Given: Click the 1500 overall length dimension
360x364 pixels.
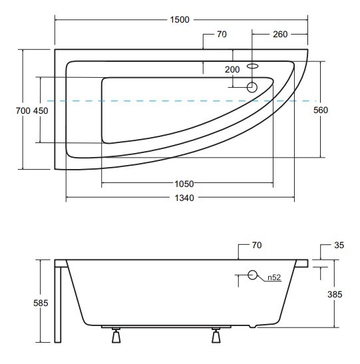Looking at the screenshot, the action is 180,19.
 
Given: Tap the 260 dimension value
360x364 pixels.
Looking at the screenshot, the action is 280,35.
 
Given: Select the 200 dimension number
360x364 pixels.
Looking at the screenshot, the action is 232,69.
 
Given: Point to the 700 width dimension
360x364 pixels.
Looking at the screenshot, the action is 23,110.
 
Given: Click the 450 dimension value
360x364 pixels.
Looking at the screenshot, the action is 41,110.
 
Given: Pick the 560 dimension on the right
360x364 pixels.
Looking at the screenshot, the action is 321,110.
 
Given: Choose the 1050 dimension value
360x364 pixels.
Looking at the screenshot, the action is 184,184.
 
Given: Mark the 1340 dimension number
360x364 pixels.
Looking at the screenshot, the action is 184,198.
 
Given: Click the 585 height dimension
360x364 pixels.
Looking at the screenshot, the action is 41,303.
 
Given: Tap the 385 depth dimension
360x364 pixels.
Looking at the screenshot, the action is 335,294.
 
